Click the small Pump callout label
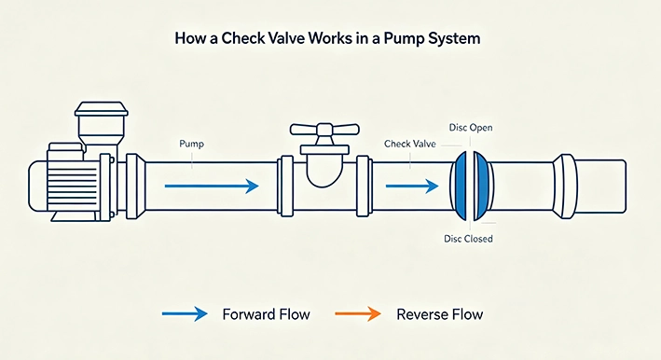pyautogui.click(x=191, y=144)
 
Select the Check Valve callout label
pyautogui.click(x=410, y=144)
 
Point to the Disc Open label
pyautogui.click(x=471, y=128)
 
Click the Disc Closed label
pyautogui.click(x=468, y=239)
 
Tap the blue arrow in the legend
pyautogui.click(x=185, y=313)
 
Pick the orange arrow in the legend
pyautogui.click(x=358, y=313)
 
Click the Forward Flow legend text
pyautogui.click(x=266, y=314)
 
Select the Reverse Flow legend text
pyautogui.click(x=440, y=314)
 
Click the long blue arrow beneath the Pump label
pyautogui.click(x=212, y=186)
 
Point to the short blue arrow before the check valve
pyautogui.click(x=412, y=186)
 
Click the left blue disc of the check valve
pyautogui.click(x=461, y=186)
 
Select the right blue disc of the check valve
pyautogui.click(x=480, y=186)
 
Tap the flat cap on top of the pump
pyautogui.click(x=102, y=108)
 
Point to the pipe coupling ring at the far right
pyautogui.click(x=564, y=186)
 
